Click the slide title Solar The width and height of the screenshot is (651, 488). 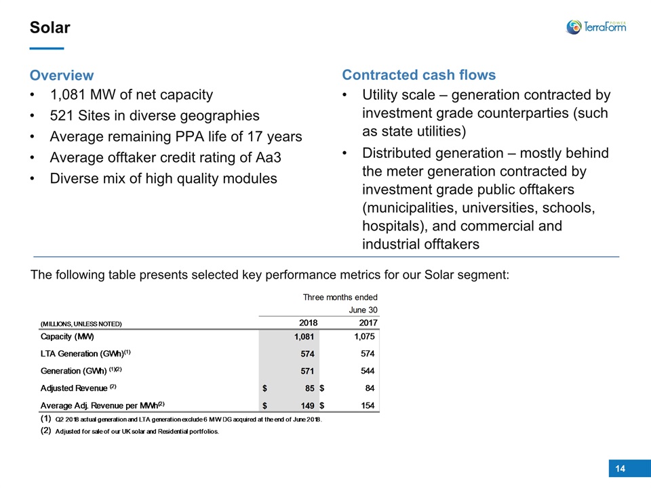tap(50, 27)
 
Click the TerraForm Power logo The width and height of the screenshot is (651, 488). tap(596, 27)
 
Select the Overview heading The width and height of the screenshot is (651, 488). tap(62, 75)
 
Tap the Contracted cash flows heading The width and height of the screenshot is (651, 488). tap(418, 75)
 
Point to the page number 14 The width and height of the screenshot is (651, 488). tap(620, 468)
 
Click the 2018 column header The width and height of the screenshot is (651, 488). tap(308, 323)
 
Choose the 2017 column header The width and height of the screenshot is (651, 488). tap(368, 323)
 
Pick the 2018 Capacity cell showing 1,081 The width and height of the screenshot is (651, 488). tap(304, 337)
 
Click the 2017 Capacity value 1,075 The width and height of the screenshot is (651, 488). tap(364, 337)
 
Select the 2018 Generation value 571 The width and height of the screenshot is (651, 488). tap(307, 371)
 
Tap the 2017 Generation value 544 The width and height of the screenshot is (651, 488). tap(368, 371)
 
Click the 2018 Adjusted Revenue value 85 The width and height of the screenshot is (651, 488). tap(309, 388)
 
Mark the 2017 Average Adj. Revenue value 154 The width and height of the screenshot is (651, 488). tap(368, 405)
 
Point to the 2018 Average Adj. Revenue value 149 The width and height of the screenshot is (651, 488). tap(307, 405)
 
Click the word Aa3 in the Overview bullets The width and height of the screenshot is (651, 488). tap(269, 158)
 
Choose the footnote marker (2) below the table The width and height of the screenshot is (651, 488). tap(45, 431)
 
